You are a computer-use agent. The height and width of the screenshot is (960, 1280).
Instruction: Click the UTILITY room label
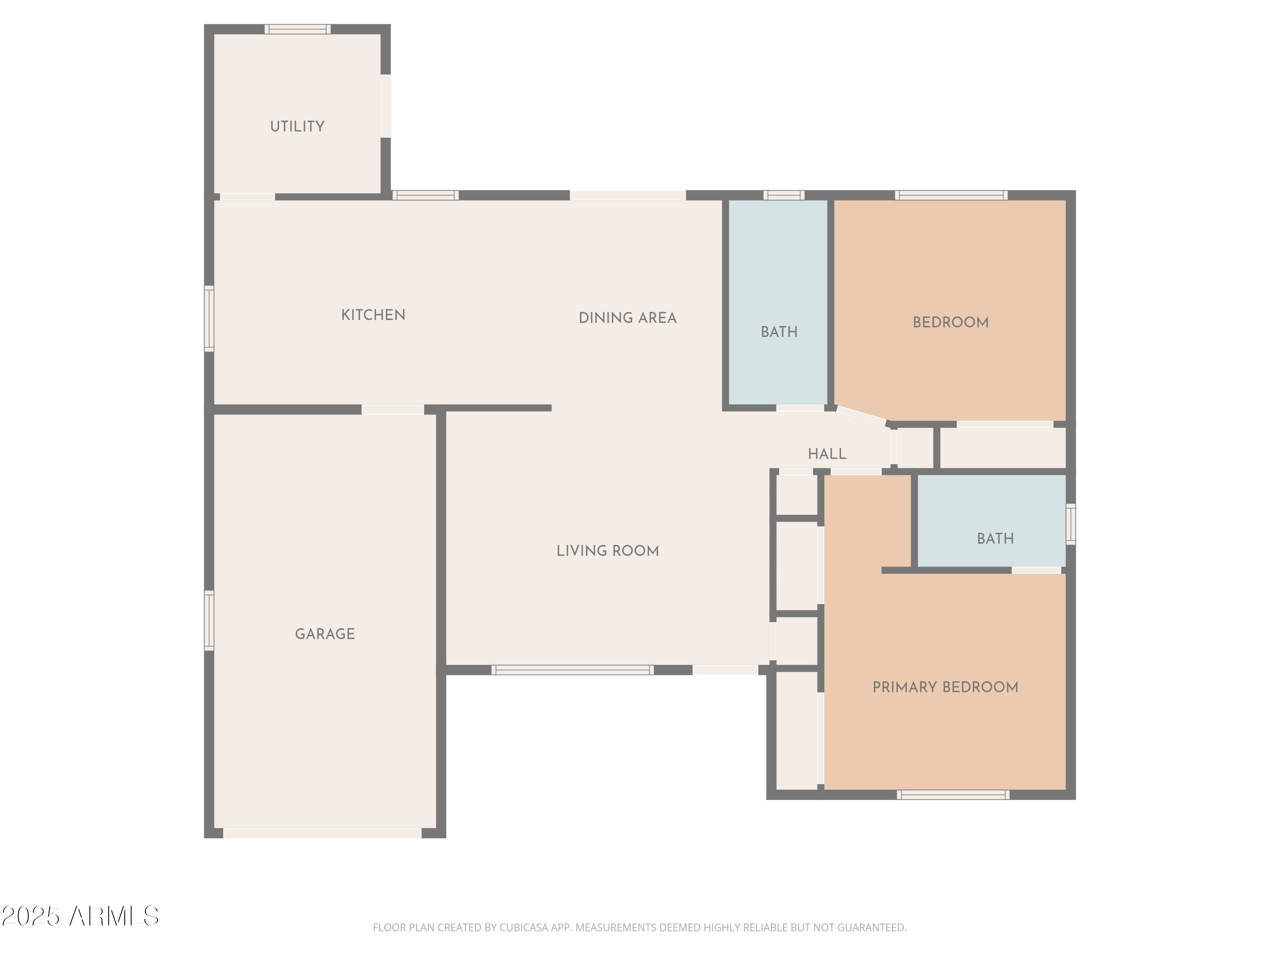click(x=297, y=126)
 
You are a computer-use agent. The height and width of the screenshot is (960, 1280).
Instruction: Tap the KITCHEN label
click(x=373, y=315)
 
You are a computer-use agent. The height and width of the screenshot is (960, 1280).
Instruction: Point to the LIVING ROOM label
click(x=608, y=551)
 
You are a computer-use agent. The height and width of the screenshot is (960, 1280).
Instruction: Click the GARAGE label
click(x=325, y=634)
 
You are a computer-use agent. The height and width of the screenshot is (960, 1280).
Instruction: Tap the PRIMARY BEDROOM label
click(x=945, y=687)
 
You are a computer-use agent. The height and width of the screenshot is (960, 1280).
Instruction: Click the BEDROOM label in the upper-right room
click(x=950, y=322)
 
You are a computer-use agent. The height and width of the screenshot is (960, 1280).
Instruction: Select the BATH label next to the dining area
click(x=779, y=332)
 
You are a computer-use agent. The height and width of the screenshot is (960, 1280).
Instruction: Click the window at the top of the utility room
click(x=297, y=29)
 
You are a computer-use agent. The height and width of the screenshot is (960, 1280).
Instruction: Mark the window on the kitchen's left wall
click(x=209, y=318)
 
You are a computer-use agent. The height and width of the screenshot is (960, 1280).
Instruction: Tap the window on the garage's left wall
click(x=209, y=620)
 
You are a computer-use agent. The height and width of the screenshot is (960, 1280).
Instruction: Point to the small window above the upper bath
click(x=783, y=195)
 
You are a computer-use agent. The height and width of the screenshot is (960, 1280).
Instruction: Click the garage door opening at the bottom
click(x=322, y=833)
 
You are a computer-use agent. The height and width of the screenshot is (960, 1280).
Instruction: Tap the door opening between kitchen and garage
click(x=393, y=409)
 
